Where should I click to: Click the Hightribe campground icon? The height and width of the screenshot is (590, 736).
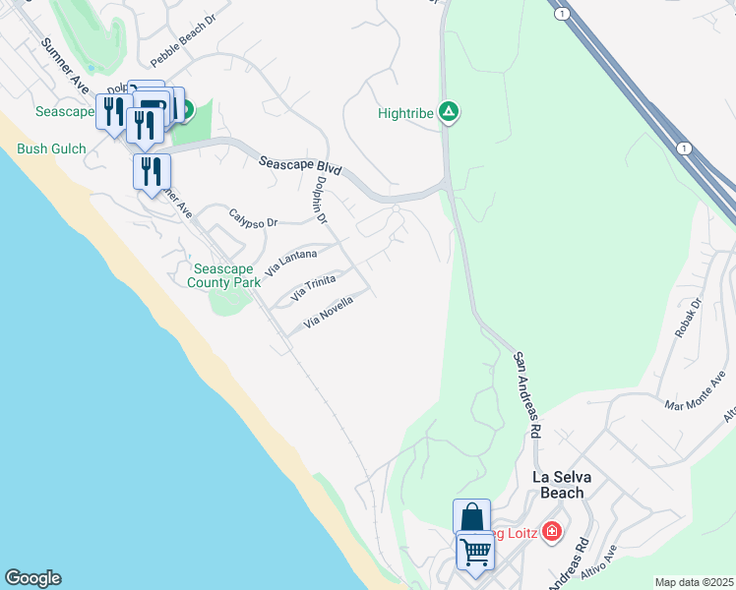(448, 112)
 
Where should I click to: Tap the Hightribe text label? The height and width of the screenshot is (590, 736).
(405, 113)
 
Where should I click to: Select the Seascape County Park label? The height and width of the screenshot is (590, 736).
(224, 275)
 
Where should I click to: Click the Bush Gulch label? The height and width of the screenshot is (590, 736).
(51, 149)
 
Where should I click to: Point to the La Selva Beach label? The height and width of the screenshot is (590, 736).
(572, 484)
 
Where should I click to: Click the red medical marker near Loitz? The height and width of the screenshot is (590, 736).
(551, 533)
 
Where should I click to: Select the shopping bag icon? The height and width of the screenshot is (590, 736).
(471, 517)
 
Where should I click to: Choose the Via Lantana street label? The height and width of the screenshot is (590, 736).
(292, 262)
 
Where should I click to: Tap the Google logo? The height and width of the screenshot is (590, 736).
(32, 578)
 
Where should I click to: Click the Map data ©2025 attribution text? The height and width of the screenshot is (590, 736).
(694, 582)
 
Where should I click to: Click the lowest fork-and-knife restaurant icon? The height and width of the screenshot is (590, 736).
(152, 171)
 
